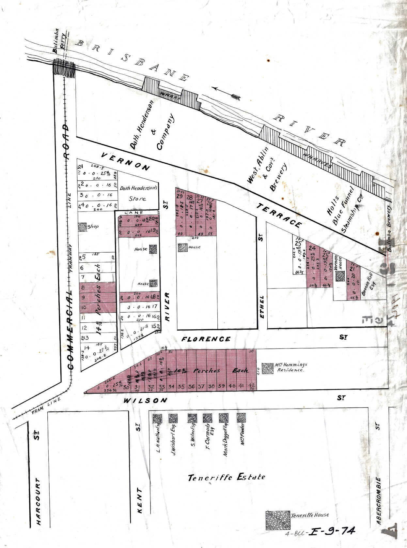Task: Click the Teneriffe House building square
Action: pos(277,520)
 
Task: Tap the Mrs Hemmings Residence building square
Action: pos(268,368)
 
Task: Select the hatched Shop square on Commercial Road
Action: pos(82,227)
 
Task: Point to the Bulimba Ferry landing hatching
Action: pos(64,67)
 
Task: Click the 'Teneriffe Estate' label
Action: pos(227,478)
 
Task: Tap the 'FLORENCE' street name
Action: pos(206,339)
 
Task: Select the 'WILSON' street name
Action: pos(145,400)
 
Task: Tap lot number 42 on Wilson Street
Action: pos(252,386)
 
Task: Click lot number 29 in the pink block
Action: pos(180,196)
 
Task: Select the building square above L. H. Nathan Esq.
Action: pos(157,419)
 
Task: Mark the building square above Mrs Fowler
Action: pos(241,418)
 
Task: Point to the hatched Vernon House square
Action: pos(340,276)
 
